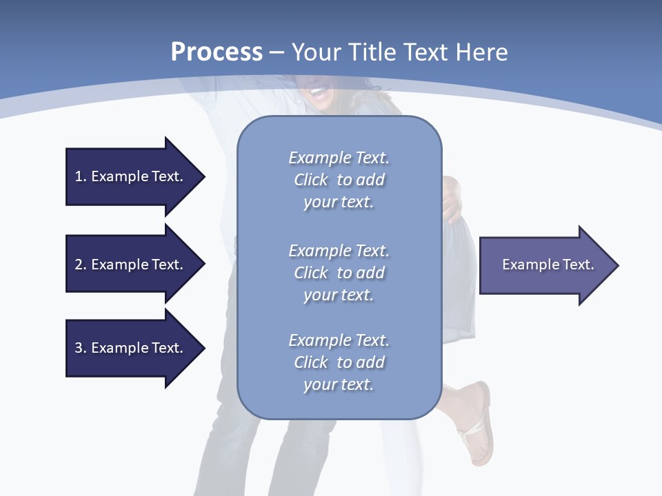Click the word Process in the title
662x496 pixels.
tap(217, 52)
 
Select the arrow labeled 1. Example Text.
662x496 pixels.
tap(131, 176)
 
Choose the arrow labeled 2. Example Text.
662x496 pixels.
tap(131, 265)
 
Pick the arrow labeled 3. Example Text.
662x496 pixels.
tap(131, 348)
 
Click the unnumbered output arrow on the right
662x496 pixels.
tap(545, 265)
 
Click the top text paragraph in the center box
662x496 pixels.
tap(339, 180)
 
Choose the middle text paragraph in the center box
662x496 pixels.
tap(339, 273)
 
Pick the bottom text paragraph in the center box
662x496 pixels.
tap(339, 362)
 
